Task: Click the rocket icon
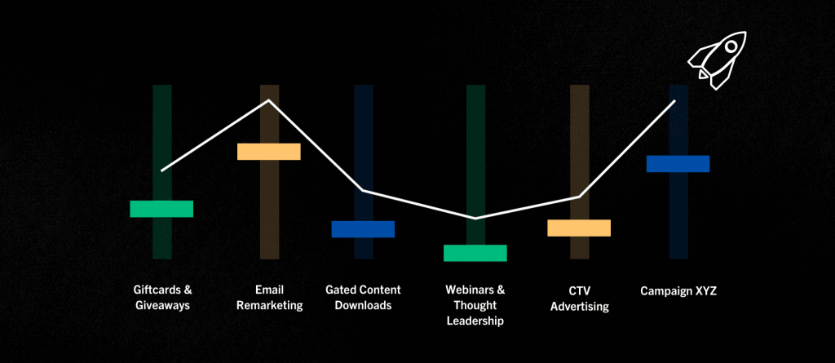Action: pos(716,60)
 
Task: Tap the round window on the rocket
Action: pos(731,47)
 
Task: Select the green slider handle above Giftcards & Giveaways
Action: pos(161,209)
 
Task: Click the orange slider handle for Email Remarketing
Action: pos(269,152)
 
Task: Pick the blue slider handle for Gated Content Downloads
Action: pos(363,229)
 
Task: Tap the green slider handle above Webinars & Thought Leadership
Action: pos(475,253)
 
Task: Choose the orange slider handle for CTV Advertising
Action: pos(579,228)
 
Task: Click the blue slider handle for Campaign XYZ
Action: pos(678,164)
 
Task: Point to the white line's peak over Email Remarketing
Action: pos(269,100)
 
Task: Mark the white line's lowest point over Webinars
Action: pos(475,218)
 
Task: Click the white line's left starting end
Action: pos(162,170)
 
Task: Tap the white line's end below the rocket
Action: pos(674,101)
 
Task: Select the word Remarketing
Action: pos(269,306)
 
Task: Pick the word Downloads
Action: pos(363,306)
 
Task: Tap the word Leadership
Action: pos(475,321)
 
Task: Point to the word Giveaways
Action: pos(162,306)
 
